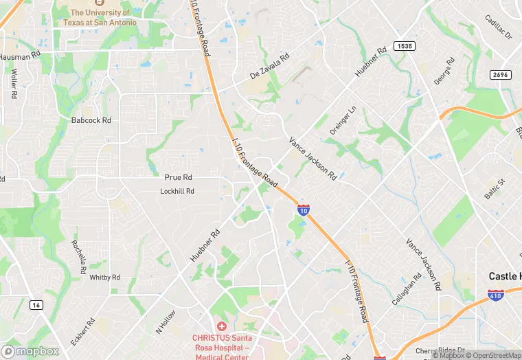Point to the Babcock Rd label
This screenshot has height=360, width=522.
pyautogui.click(x=91, y=120)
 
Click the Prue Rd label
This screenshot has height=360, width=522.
pyautogui.click(x=177, y=177)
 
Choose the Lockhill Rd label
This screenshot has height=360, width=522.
pyautogui.click(x=177, y=191)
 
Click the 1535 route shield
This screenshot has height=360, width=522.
pyautogui.click(x=404, y=46)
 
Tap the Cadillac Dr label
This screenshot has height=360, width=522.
pyautogui.click(x=499, y=27)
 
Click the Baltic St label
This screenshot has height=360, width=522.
pyautogui.click(x=495, y=189)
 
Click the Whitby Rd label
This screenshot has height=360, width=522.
pyautogui.click(x=105, y=278)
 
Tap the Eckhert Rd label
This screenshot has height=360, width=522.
pyautogui.click(x=82, y=331)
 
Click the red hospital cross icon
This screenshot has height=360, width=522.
pyautogui.click(x=221, y=326)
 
